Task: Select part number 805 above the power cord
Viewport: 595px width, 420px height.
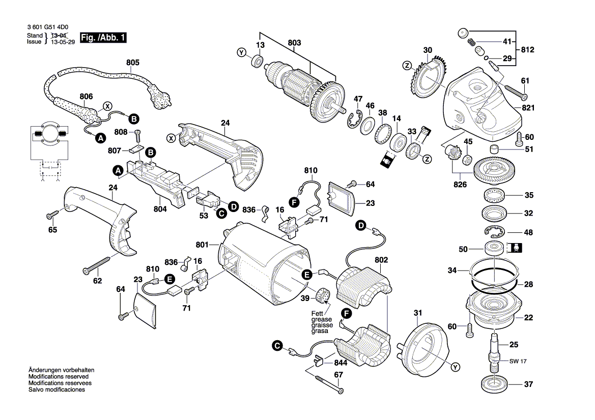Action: (x=132, y=63)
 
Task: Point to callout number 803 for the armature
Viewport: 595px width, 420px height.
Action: (x=294, y=43)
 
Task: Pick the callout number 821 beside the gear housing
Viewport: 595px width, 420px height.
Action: (x=528, y=108)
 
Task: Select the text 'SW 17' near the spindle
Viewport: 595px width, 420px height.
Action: (x=519, y=362)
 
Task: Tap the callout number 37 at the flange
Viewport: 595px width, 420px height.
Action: (x=528, y=384)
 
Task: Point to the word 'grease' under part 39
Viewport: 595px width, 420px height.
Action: (x=321, y=319)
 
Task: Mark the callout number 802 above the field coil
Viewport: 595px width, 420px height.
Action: (x=381, y=260)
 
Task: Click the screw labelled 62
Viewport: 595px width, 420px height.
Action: (x=97, y=265)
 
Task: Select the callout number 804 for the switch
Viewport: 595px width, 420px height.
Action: (x=160, y=208)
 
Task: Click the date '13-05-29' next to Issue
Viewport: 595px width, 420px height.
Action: (x=63, y=42)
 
